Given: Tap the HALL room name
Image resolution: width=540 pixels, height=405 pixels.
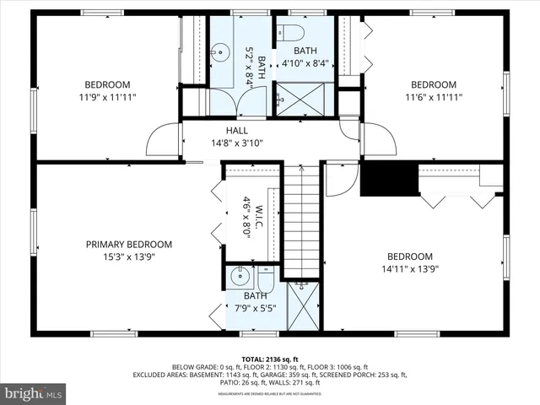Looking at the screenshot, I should tap(236, 130).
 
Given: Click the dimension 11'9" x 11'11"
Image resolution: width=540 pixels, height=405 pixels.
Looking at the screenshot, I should tap(107, 97).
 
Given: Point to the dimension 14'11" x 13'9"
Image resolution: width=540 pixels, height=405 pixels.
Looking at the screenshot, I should tap(409, 270).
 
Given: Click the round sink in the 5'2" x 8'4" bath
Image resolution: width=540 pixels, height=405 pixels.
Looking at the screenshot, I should tap(219, 51).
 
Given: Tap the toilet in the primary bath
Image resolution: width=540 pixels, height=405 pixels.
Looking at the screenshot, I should tap(265, 278).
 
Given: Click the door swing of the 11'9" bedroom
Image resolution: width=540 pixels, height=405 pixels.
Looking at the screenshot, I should tap(162, 139).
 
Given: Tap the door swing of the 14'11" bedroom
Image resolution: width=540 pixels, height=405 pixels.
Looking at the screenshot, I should tap(342, 179).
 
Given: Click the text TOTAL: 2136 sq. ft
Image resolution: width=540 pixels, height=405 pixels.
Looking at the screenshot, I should tap(269, 359).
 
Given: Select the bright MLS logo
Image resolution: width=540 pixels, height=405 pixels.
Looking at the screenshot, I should tap(34, 392).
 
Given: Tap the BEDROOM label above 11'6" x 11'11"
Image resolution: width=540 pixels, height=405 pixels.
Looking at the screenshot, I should tap(433, 84).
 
